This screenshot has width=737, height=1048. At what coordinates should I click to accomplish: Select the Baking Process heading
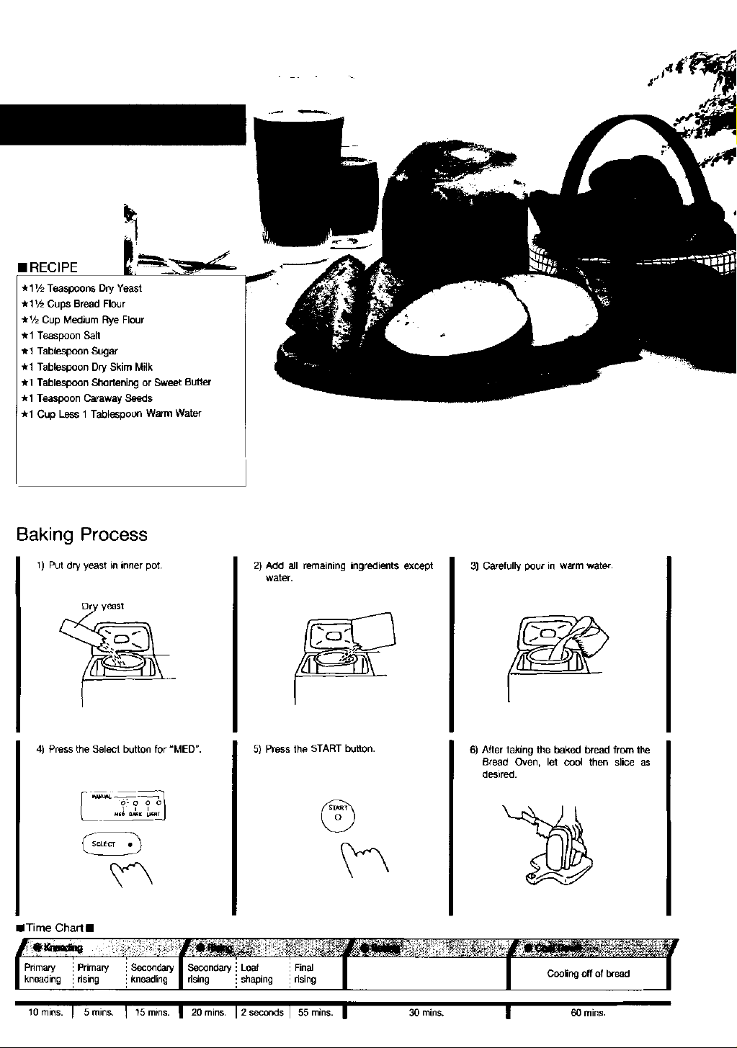[x=81, y=534]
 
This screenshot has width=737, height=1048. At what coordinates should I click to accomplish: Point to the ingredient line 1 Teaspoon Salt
[x=65, y=336]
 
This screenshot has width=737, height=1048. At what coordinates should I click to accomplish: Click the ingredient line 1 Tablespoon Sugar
[x=73, y=351]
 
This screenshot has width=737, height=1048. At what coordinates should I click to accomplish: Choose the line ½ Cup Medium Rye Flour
[x=86, y=320]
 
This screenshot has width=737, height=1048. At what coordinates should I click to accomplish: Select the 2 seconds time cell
[x=262, y=1013]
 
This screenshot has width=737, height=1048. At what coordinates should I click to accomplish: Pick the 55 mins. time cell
[x=315, y=1013]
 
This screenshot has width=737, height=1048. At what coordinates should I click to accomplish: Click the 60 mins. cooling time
[x=586, y=1013]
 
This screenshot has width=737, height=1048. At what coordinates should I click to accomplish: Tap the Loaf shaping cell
[x=257, y=974]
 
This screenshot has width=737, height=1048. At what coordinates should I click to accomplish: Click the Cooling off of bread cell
[x=588, y=974]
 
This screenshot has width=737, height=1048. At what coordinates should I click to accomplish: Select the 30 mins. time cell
[x=426, y=1013]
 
